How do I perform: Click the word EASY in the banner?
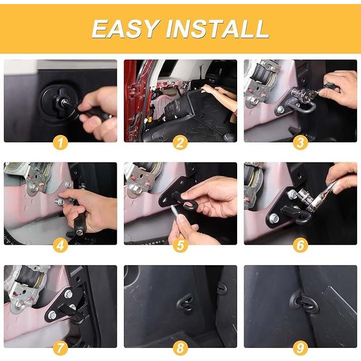click(126, 29)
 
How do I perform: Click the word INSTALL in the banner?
click(217, 29)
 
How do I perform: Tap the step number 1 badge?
click(60, 142)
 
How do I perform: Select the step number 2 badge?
click(180, 142)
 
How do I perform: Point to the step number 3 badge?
click(300, 142)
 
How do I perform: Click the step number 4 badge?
click(60, 245)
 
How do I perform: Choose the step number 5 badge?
click(180, 245)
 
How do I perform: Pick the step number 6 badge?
click(300, 245)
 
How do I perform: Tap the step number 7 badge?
click(60, 348)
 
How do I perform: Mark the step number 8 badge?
click(180, 348)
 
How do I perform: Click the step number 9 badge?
click(300, 348)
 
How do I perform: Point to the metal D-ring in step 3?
click(304, 108)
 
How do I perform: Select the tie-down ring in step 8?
click(185, 302)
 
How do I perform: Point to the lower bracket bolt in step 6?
click(273, 218)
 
